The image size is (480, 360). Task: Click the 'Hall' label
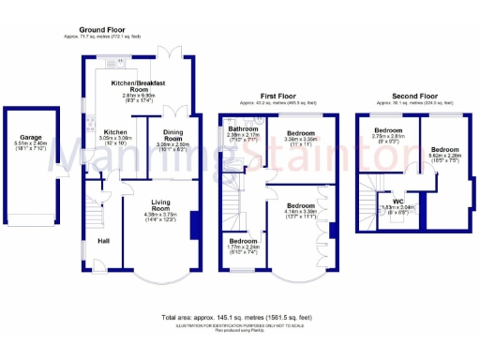[105, 242]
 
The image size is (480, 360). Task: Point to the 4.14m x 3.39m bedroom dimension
[300, 212]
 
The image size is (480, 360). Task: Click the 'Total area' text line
[238, 318]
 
